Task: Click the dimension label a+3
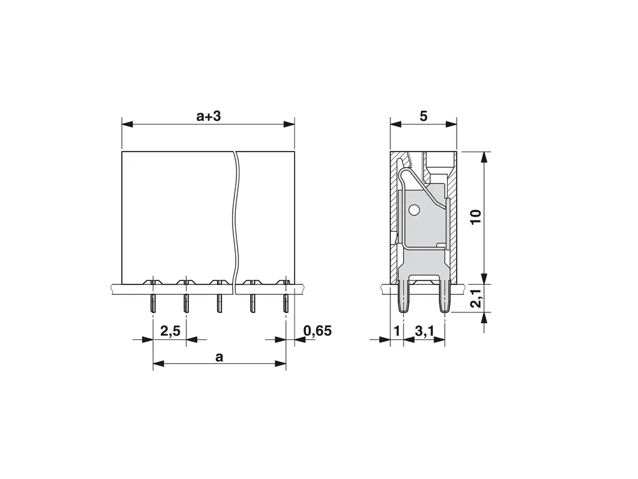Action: [x=208, y=116]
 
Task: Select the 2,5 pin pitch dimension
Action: [x=170, y=331]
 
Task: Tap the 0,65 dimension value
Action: [x=317, y=331]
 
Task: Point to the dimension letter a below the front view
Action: [x=220, y=358]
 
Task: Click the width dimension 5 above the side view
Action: [x=423, y=116]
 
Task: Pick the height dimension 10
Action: [x=475, y=216]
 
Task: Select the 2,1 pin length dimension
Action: [x=476, y=299]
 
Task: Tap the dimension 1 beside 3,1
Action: [x=397, y=331]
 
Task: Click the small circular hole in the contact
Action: [x=414, y=210]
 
